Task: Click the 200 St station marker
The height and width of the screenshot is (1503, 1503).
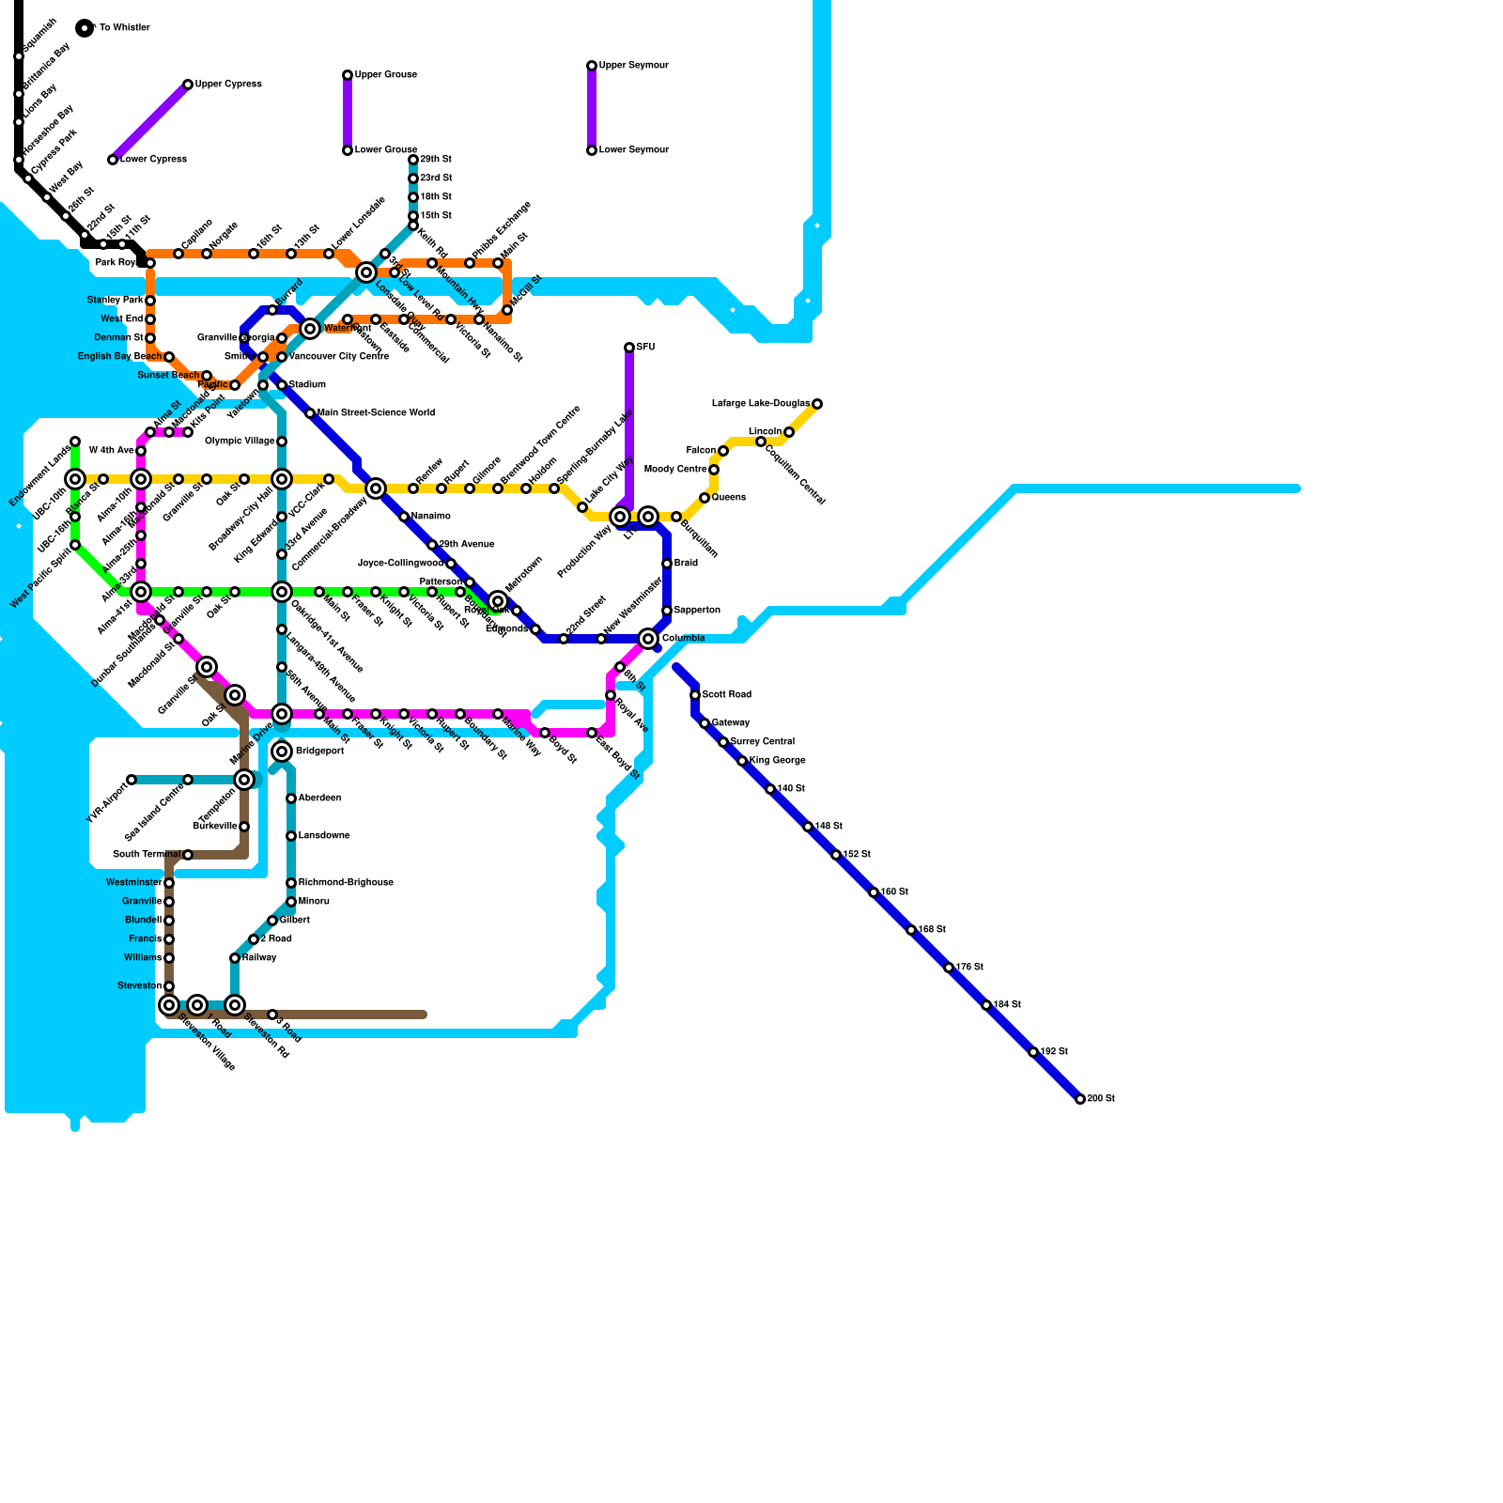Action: (x=1080, y=1099)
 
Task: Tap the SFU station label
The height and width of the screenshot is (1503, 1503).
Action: (x=645, y=348)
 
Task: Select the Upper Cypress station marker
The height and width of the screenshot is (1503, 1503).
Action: (x=188, y=85)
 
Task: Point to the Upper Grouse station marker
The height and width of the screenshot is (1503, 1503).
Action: (x=348, y=75)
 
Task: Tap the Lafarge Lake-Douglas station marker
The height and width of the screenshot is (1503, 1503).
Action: (x=817, y=404)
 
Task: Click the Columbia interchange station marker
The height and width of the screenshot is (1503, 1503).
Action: (x=648, y=639)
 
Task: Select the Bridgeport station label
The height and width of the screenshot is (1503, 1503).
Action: (x=319, y=751)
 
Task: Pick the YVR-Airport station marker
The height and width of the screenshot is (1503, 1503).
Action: (x=132, y=780)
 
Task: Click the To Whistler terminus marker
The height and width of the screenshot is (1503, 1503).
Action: (x=85, y=28)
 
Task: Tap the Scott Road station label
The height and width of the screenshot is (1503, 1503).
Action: (x=726, y=695)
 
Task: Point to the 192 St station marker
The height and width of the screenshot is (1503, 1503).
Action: (x=1033, y=1052)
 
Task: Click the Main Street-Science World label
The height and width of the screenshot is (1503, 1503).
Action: (x=376, y=413)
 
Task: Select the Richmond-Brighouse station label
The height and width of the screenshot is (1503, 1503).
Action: (x=346, y=883)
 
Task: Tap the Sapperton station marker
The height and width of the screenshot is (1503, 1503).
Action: (x=667, y=611)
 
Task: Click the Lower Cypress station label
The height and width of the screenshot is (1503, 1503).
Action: (x=153, y=160)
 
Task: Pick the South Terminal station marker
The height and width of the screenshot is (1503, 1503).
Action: (x=188, y=855)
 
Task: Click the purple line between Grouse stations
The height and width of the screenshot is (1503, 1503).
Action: (x=348, y=113)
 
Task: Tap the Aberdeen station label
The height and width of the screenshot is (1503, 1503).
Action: (x=319, y=798)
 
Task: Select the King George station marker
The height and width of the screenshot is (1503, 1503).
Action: (x=742, y=761)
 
